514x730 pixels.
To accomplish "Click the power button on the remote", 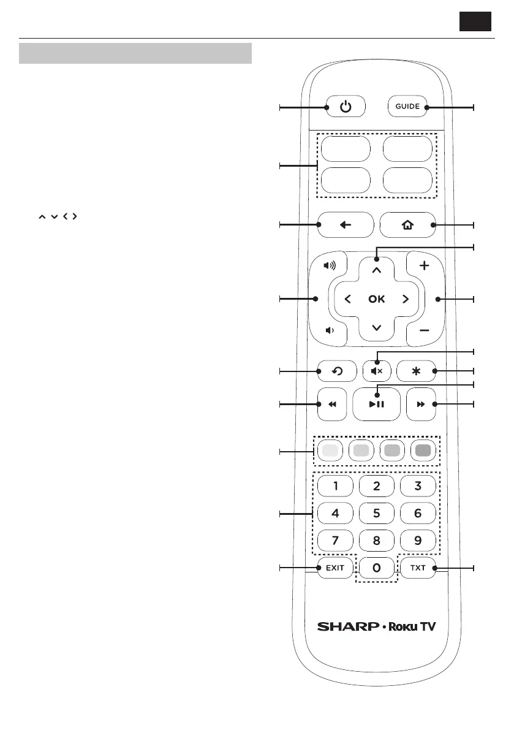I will pos(346,107).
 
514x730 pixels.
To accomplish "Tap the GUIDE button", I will pos(407,107).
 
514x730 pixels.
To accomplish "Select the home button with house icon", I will pos(407,225).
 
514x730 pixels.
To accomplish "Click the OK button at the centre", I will pos(376,299).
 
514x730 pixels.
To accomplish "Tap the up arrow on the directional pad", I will pos(376,269).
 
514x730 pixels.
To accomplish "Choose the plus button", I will pos(424,266).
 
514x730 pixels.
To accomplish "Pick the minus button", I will pos(424,330).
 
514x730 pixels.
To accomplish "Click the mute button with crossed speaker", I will pos(376,371).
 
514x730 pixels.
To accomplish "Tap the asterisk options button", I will pos(417,371).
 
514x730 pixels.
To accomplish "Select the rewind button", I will pos(332,405).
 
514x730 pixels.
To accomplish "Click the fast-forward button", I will pos(421,405).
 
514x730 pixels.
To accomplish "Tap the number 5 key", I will pos(376,514).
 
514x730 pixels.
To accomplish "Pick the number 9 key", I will pos(417,541).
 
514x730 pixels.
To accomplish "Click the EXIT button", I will pos(335,568).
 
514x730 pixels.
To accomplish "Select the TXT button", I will pos(417,568).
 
